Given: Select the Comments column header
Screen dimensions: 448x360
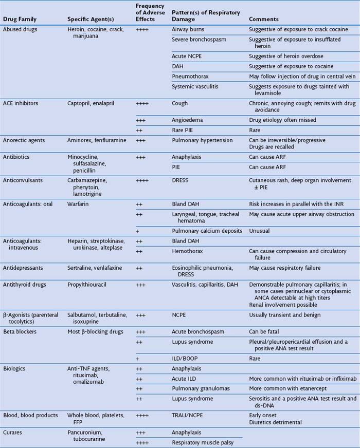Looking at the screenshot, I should coord(264,19).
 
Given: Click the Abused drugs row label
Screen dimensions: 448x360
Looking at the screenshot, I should coord(20,30).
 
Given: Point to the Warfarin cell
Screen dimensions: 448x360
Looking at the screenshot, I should coord(78,204).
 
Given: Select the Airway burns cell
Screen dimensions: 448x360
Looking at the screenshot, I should coord(188,30).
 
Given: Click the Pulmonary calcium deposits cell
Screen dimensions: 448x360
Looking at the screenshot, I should coord(207,231).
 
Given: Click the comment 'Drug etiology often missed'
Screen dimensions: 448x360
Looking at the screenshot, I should coord(282,120).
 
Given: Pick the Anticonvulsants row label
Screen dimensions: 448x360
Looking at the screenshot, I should coord(25,180).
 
